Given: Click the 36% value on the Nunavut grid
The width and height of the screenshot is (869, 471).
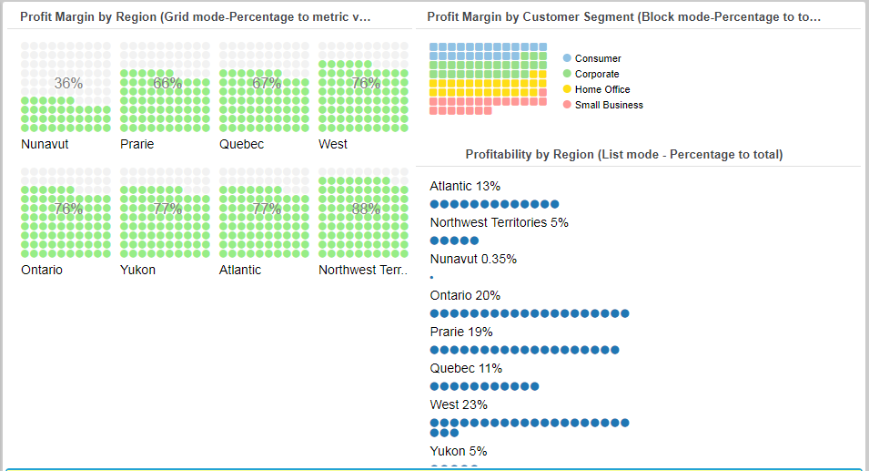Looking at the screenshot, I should pyautogui.click(x=68, y=84).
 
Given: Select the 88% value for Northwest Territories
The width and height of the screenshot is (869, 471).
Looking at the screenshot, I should pyautogui.click(x=366, y=209).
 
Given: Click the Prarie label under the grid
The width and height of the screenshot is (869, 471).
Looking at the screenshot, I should pyautogui.click(x=136, y=144).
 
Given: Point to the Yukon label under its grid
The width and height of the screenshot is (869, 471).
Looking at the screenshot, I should pyautogui.click(x=137, y=270).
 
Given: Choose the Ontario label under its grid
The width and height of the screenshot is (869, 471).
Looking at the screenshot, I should pyautogui.click(x=42, y=270).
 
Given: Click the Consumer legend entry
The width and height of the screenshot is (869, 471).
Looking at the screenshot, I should pyautogui.click(x=598, y=58).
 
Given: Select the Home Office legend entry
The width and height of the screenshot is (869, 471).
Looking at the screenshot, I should pyautogui.click(x=601, y=89).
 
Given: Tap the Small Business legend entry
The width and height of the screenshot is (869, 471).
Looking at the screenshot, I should pyautogui.click(x=608, y=105).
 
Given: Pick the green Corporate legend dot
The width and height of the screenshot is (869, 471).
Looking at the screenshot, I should pyautogui.click(x=567, y=74).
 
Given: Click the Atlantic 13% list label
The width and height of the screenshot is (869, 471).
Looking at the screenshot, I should pyautogui.click(x=465, y=186).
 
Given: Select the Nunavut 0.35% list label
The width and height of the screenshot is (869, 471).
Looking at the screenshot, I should pyautogui.click(x=473, y=259).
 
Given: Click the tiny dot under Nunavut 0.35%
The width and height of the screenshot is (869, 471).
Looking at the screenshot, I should pyautogui.click(x=431, y=277).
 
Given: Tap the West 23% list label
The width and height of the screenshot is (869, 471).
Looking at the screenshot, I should pyautogui.click(x=459, y=404).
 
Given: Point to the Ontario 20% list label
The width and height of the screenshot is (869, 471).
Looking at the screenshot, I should pyautogui.click(x=465, y=295).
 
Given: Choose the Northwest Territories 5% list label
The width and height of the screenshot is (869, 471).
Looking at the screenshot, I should pyautogui.click(x=499, y=222).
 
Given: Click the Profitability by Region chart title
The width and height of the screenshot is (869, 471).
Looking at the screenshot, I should pyautogui.click(x=623, y=155).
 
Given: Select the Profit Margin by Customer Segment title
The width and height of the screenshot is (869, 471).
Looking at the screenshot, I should pyautogui.click(x=623, y=16).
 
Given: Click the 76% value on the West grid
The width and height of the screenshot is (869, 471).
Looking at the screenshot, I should pyautogui.click(x=366, y=84).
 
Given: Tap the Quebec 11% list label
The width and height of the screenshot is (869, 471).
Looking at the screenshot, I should pyautogui.click(x=466, y=368).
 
